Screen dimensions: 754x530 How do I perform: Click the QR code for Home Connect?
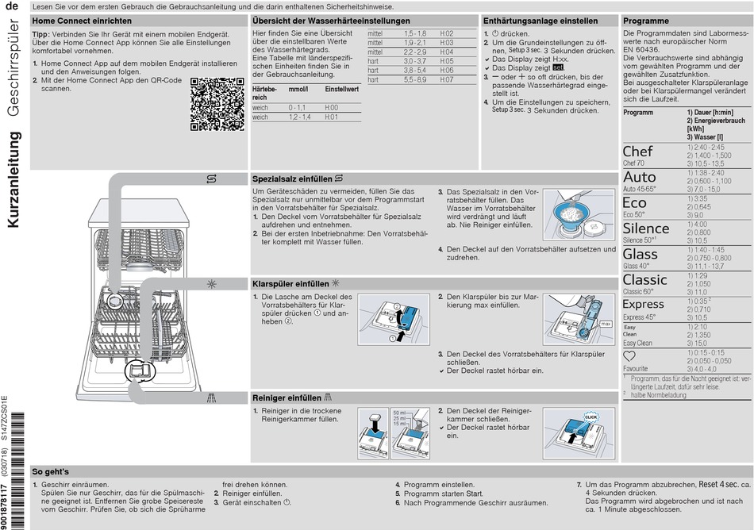pos(217,104)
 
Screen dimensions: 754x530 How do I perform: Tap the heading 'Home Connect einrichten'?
pos(82,21)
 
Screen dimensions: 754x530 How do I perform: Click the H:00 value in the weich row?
pos(331,107)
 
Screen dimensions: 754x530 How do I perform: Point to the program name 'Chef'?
pos(637,151)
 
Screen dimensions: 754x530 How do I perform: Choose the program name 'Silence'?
pos(646,229)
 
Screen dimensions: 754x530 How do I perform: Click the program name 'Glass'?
pos(640,254)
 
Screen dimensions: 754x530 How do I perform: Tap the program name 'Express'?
pos(643,305)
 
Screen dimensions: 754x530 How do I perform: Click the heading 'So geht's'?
pos(51,471)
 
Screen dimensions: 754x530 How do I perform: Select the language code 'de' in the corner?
pos(12,6)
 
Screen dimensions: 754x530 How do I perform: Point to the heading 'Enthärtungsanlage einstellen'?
pos(540,21)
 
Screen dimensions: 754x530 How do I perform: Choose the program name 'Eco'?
pos(634,203)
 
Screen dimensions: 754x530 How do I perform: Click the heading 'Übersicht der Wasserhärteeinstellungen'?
pos(331,21)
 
